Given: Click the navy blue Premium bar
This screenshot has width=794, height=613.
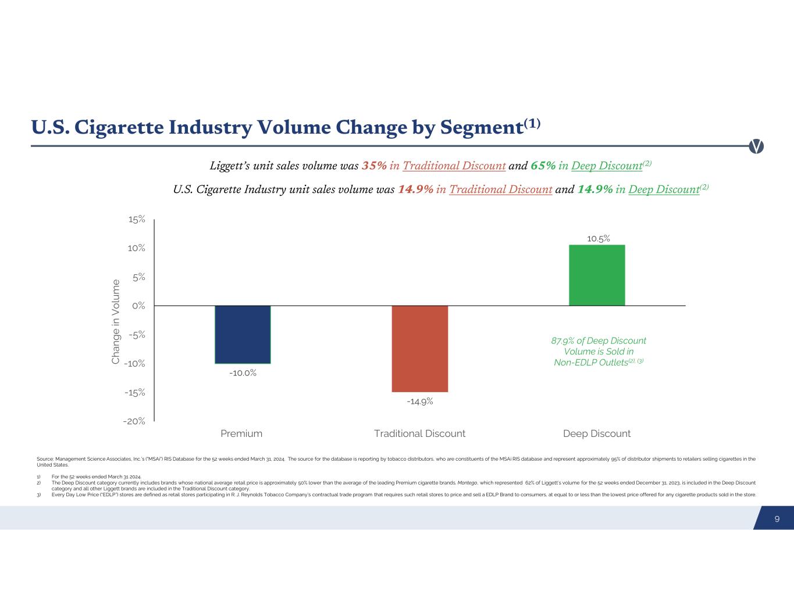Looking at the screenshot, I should click(x=243, y=334).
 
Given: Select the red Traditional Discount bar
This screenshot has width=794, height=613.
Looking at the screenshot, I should click(x=419, y=348).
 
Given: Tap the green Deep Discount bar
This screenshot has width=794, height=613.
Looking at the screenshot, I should click(x=597, y=275).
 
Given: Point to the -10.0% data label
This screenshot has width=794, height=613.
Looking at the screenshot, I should click(x=243, y=373).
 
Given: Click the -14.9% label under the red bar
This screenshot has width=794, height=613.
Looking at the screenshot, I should click(x=419, y=402).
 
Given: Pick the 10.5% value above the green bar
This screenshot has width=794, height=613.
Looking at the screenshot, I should click(x=598, y=238).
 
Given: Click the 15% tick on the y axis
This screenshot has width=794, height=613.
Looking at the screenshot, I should click(x=137, y=220).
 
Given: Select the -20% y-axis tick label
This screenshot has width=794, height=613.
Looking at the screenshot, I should click(x=134, y=421).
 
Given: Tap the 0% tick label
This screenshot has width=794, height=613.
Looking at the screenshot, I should click(x=138, y=306).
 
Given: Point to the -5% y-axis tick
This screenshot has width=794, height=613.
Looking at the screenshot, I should click(x=137, y=335).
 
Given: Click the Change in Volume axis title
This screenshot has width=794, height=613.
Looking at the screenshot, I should click(x=116, y=322).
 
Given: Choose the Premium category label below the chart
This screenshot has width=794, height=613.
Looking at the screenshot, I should click(x=241, y=433).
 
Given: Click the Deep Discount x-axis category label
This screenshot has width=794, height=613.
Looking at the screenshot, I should click(x=597, y=433).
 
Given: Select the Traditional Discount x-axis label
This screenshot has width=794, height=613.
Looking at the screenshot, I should click(x=419, y=433).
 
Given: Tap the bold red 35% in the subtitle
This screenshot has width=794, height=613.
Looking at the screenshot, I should click(x=374, y=166).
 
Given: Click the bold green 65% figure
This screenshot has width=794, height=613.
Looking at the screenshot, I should click(x=543, y=166).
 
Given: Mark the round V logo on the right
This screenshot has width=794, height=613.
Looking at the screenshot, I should click(x=756, y=146).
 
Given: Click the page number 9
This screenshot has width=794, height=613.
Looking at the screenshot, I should click(x=777, y=519).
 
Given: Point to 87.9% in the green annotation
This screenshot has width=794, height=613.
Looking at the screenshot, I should click(x=562, y=341).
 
